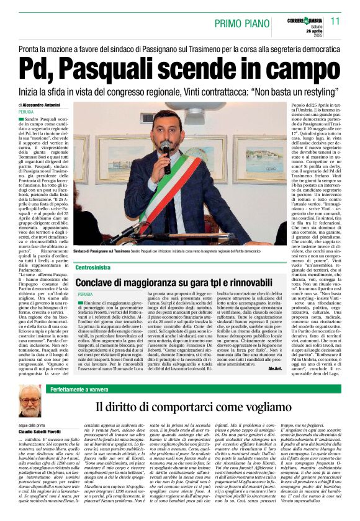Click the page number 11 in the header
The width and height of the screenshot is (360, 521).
point(335,21)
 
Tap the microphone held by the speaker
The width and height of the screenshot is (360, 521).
point(166,149)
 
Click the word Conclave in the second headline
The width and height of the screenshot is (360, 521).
point(99,281)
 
